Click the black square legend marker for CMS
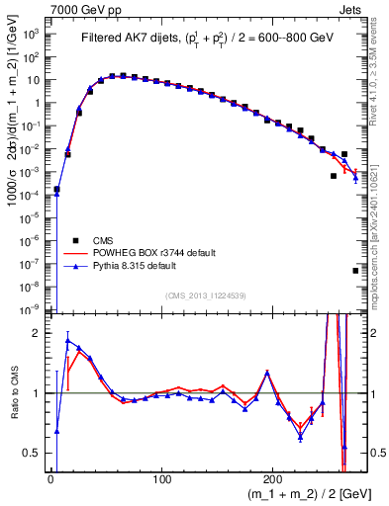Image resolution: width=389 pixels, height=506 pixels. point(74,240)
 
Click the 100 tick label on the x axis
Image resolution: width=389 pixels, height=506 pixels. point(162,479)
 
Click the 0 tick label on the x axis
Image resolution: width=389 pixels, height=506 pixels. point(50,479)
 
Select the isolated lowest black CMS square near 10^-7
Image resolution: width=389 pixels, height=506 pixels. point(355,270)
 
